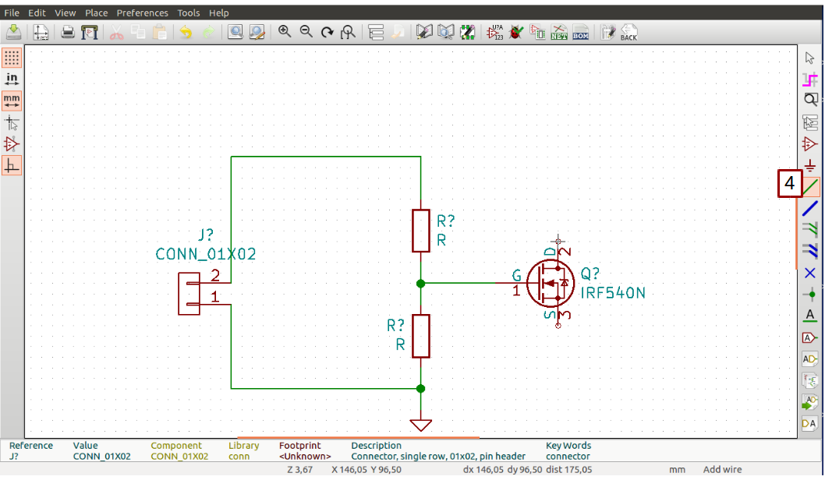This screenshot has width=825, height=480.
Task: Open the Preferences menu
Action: [x=142, y=12]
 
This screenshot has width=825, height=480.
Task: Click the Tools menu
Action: [x=188, y=12]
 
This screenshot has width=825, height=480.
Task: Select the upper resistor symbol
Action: [x=420, y=231]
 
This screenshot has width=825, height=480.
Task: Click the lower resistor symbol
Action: [x=420, y=336]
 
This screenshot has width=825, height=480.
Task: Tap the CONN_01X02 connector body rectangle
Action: [x=189, y=294]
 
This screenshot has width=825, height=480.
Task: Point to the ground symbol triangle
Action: [x=420, y=425]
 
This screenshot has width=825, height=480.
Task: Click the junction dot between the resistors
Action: [x=420, y=284]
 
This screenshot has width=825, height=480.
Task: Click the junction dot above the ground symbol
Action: [x=420, y=388]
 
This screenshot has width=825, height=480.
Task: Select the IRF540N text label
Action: [x=613, y=293]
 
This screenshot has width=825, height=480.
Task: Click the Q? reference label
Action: [x=590, y=274]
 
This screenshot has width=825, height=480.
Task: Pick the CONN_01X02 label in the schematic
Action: [x=206, y=254]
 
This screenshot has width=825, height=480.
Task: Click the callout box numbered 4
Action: [x=789, y=185]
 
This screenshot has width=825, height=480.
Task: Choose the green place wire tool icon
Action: [x=810, y=187]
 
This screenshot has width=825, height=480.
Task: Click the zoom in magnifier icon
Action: [x=285, y=32]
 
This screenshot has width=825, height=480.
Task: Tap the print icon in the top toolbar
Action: [x=68, y=32]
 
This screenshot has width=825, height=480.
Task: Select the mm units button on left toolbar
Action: [x=12, y=101]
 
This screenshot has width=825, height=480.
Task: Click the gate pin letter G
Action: [x=516, y=274]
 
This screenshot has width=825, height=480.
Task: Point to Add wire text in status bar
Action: [x=723, y=470]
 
